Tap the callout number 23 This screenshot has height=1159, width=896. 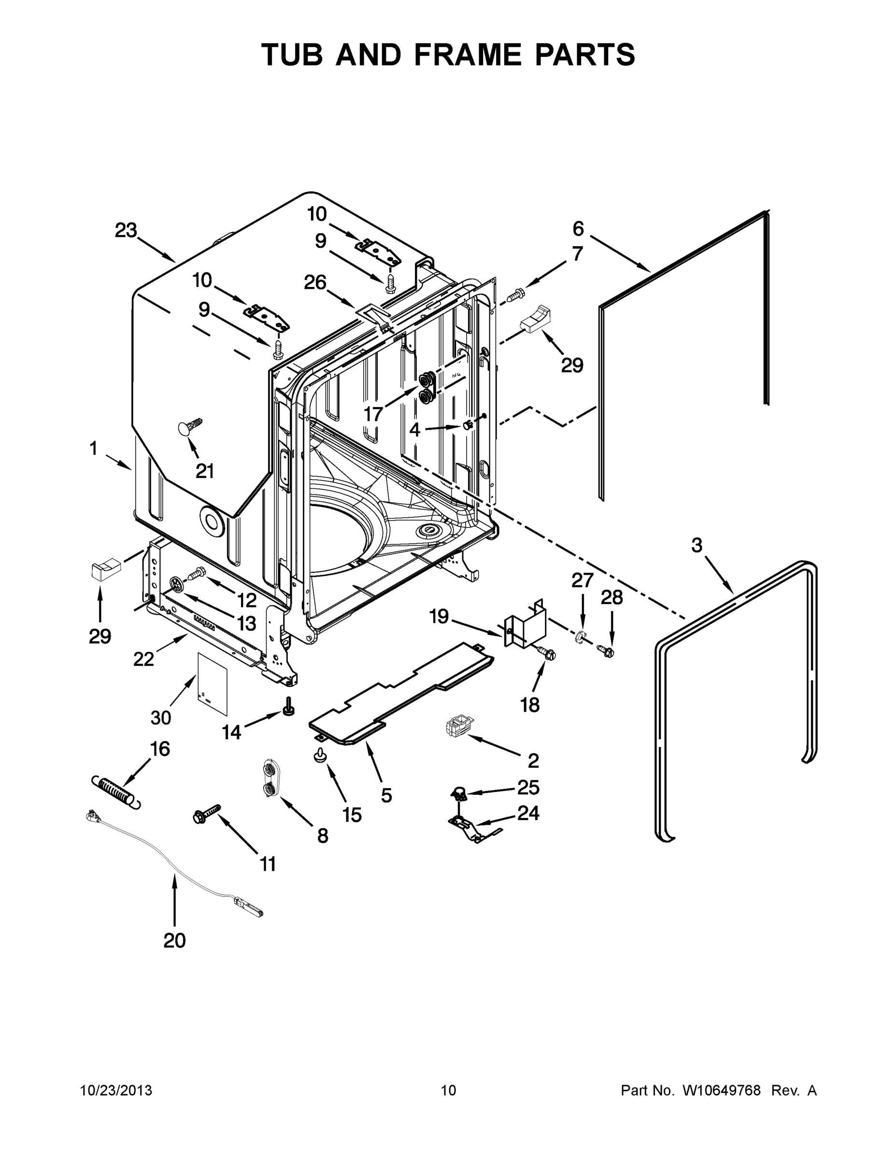127,230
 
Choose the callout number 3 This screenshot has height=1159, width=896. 697,545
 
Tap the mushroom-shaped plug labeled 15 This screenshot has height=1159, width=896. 321,756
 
